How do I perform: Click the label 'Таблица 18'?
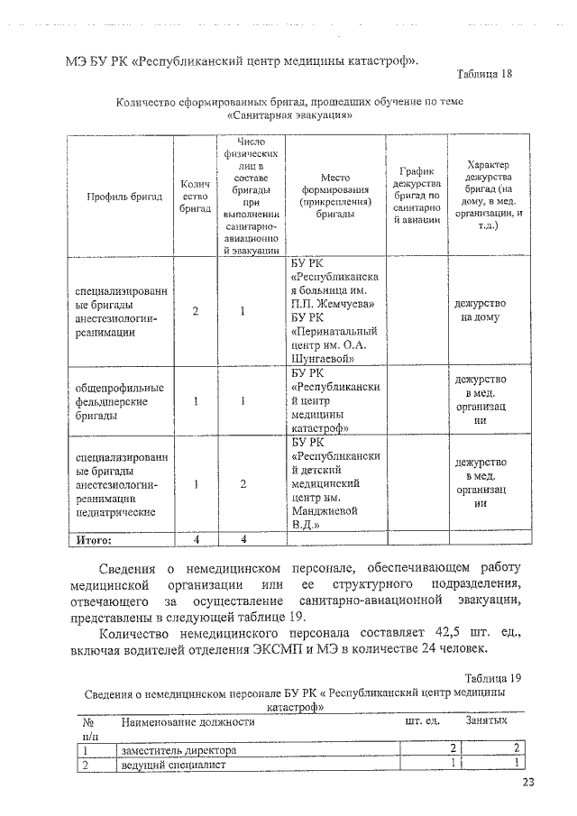(x=484, y=74)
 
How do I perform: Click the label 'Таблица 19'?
(x=493, y=677)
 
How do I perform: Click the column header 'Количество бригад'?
(x=196, y=196)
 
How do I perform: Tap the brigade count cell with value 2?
(x=196, y=312)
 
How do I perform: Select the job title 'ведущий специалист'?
(x=171, y=765)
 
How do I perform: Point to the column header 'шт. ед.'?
(x=421, y=722)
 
